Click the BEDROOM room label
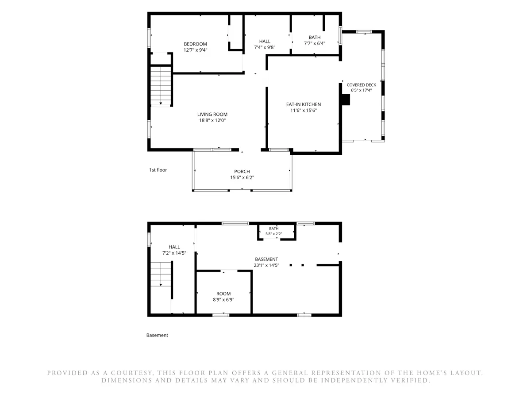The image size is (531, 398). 195,44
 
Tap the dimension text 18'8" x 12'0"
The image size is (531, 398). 212,120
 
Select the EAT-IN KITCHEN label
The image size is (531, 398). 304,104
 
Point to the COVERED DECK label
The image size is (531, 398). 361,85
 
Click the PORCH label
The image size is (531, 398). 242,172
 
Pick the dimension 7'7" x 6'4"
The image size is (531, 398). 315,43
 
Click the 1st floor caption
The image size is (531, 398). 158,170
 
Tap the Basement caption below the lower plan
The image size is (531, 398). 157,335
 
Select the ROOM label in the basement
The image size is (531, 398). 223,294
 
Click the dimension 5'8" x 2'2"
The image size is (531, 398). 273,234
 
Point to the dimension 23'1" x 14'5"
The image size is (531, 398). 266,265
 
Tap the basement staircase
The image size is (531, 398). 161,274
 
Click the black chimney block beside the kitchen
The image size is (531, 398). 346,99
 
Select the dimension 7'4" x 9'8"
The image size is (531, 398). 265,47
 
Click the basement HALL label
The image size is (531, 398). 174,247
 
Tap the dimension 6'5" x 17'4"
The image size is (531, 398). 361,90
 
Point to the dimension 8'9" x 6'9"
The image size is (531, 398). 223,300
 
